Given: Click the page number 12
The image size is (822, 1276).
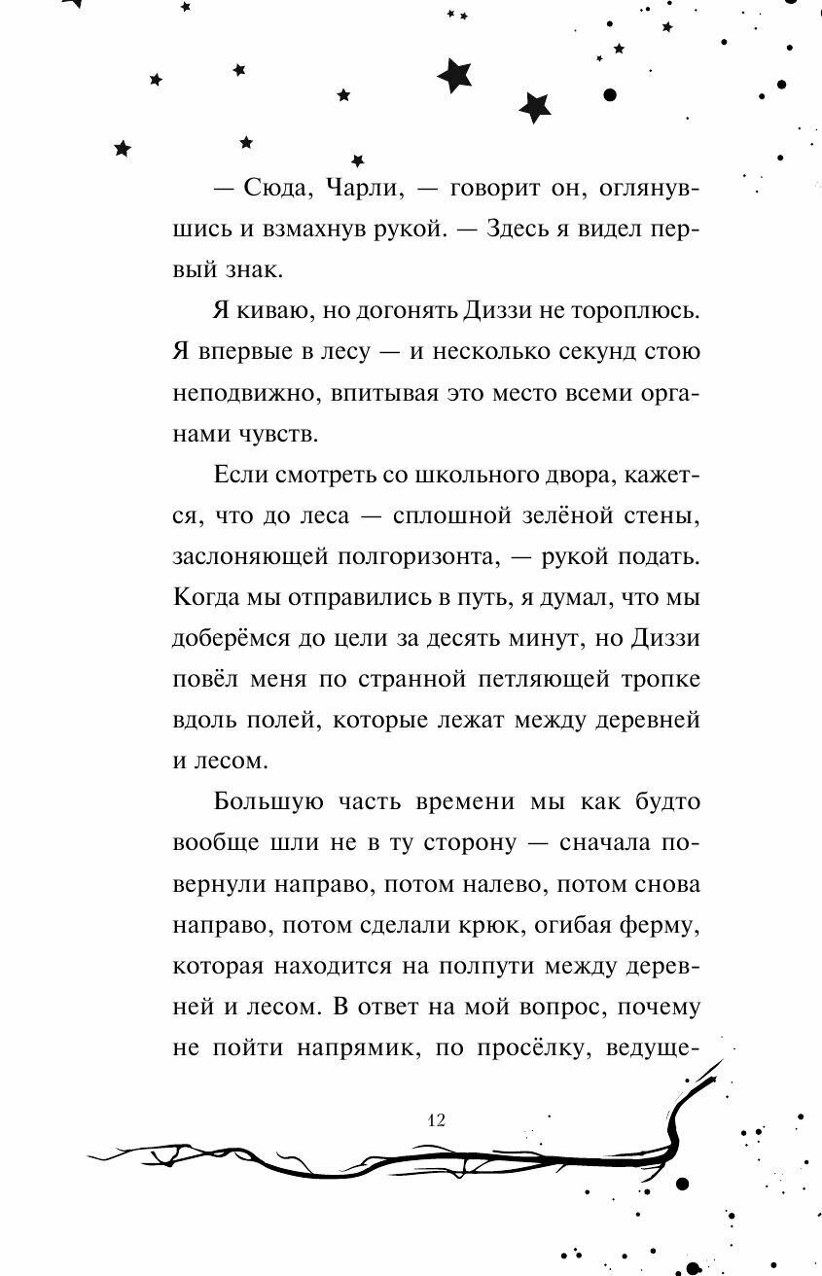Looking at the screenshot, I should pyautogui.click(x=435, y=1119).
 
